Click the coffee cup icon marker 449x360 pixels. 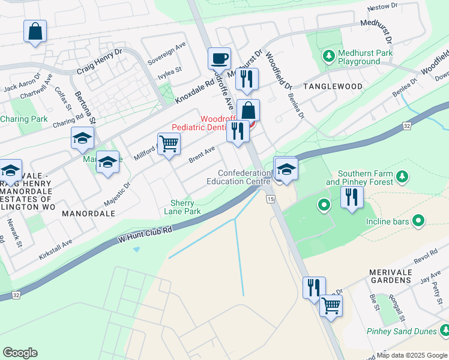click(219, 59)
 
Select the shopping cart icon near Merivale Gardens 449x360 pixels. click(331, 305)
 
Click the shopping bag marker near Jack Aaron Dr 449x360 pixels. click(35, 31)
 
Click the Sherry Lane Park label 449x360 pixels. click(182, 208)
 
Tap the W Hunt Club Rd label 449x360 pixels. click(145, 234)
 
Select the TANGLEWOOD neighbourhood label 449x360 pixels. click(333, 86)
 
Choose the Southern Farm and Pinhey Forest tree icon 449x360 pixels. click(403, 176)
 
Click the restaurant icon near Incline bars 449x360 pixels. click(352, 197)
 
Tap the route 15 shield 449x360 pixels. click(271, 199)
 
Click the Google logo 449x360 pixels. click(20, 353)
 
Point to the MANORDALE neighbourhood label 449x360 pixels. click(88, 213)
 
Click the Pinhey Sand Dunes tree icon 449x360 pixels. click(445, 330)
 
